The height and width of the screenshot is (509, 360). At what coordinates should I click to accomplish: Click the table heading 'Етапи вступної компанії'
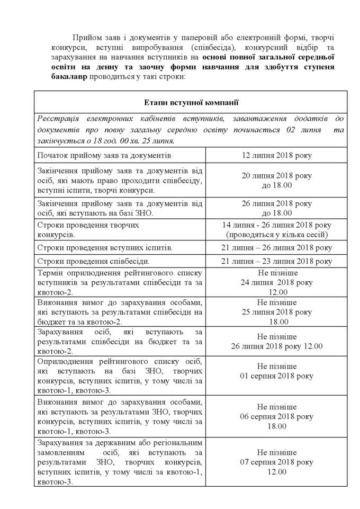(191, 102)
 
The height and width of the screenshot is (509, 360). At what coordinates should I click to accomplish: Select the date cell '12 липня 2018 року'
(276, 156)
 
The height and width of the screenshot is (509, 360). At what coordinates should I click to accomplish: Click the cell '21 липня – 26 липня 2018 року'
(276, 247)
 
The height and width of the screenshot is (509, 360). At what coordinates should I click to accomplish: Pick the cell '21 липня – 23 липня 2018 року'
(276, 261)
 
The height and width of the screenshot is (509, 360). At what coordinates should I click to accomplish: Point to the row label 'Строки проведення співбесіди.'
(93, 261)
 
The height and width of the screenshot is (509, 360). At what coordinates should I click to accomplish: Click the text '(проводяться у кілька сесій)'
(276, 234)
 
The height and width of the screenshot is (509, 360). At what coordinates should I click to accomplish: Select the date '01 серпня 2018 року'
(276, 376)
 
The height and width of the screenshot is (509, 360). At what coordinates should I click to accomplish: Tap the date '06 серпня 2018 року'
(276, 416)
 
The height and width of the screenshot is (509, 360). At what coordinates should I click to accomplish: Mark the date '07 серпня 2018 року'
(276, 462)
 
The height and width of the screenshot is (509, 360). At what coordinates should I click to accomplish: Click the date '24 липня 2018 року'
(276, 282)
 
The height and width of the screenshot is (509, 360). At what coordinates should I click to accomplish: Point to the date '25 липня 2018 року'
(276, 312)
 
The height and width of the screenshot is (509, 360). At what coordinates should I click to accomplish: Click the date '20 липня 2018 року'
(276, 175)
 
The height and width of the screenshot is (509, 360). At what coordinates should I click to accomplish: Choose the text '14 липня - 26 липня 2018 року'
(276, 225)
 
